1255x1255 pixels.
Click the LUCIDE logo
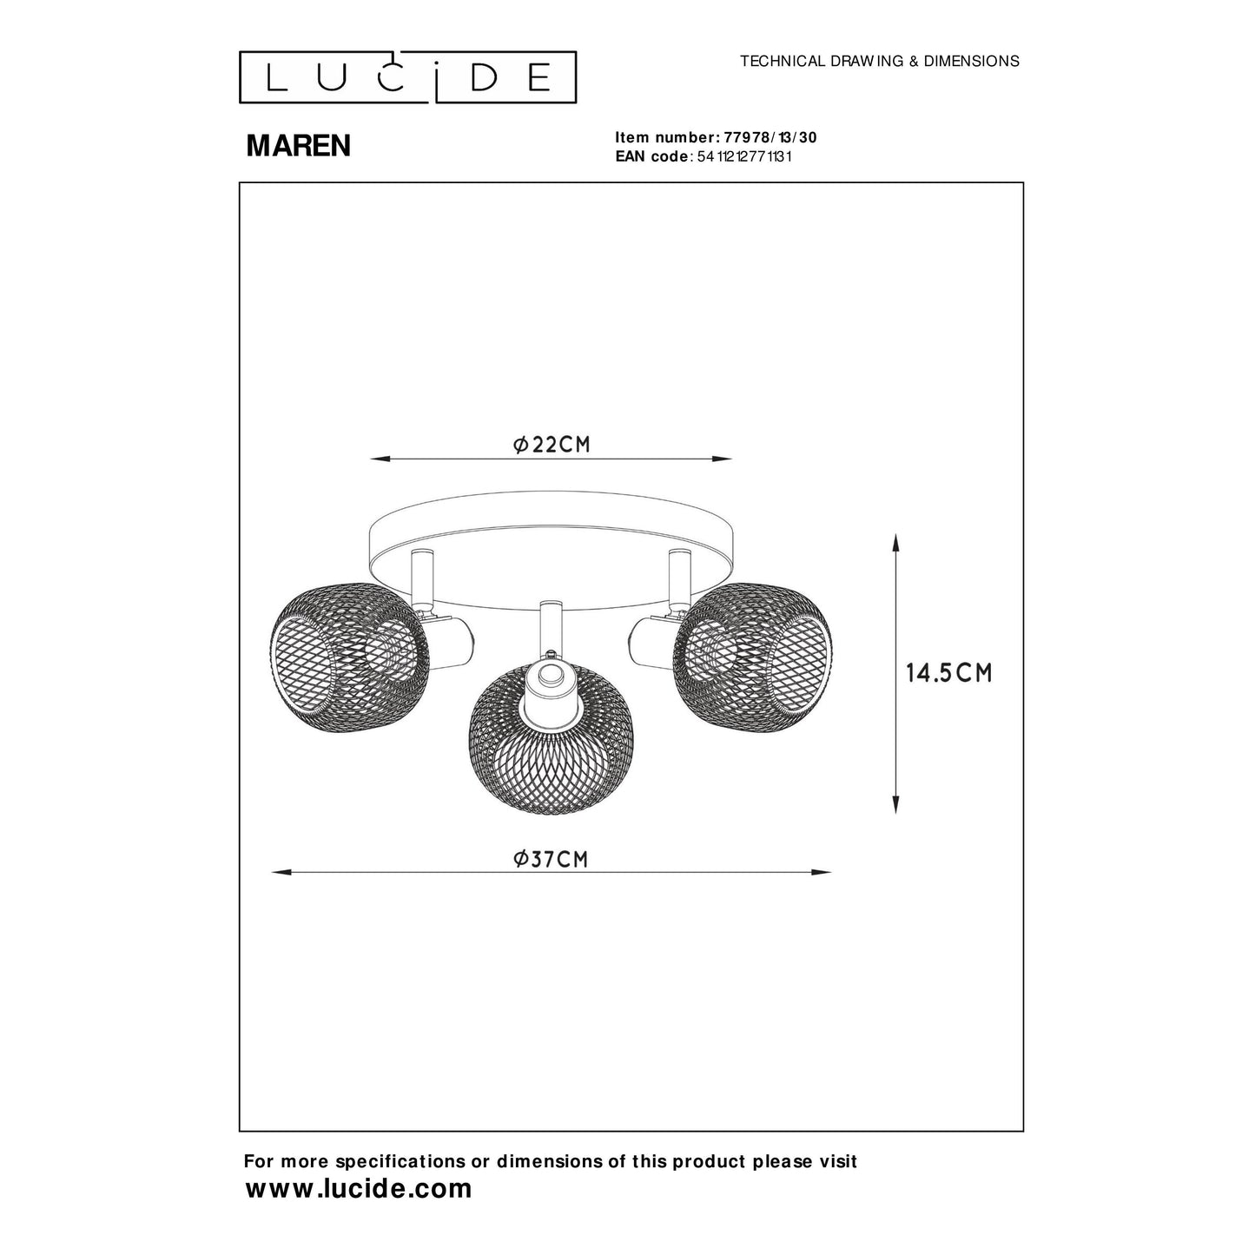point(407,77)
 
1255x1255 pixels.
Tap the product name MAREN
point(298,146)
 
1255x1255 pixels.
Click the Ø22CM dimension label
point(552,445)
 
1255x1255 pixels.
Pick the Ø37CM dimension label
point(551,859)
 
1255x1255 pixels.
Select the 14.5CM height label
point(948,673)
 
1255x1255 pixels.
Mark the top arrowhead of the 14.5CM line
point(895,544)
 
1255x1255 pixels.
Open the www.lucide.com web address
point(359,1188)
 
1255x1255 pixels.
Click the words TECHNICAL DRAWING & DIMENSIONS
point(879,62)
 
